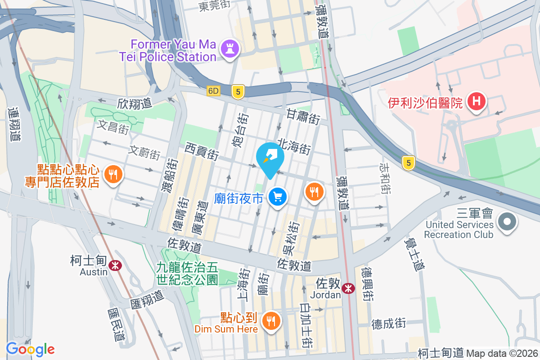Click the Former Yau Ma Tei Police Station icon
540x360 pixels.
pyautogui.click(x=229, y=50)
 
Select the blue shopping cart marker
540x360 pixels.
pyautogui.click(x=278, y=197)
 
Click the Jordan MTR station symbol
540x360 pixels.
pyautogui.click(x=348, y=288)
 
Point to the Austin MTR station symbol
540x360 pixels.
pyautogui.click(x=116, y=265)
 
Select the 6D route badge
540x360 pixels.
pyautogui.click(x=213, y=91)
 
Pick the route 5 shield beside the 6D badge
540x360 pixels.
pyautogui.click(x=238, y=92)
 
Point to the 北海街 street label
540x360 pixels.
pyautogui.click(x=295, y=146)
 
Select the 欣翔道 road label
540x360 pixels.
pyautogui.click(x=135, y=103)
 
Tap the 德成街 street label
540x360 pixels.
pyautogui.click(x=389, y=323)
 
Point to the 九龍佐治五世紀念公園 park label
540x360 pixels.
pyautogui.click(x=187, y=273)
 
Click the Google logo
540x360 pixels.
pyautogui.click(x=30, y=349)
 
